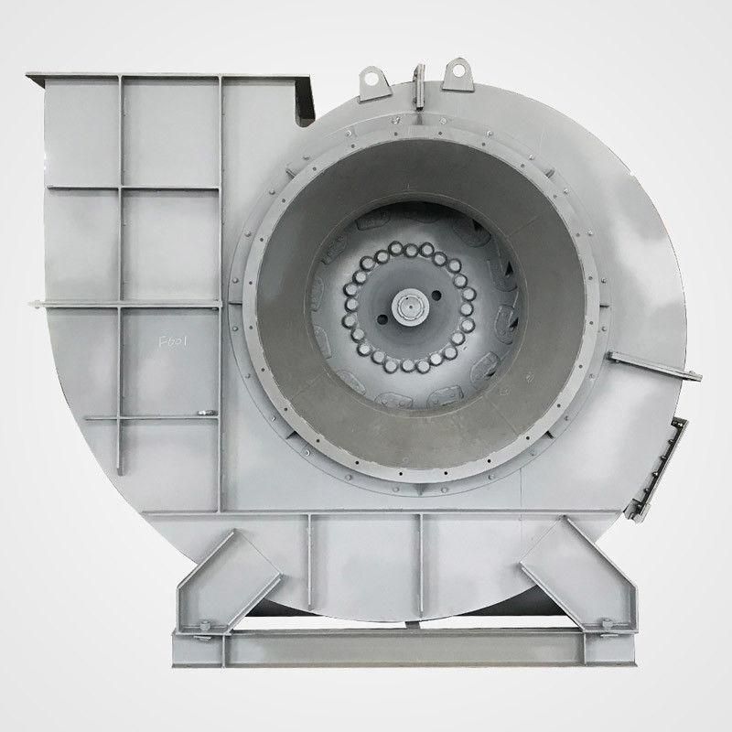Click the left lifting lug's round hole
click(x=371, y=79)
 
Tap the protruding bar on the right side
click(x=654, y=366)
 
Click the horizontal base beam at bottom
click(x=403, y=648)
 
